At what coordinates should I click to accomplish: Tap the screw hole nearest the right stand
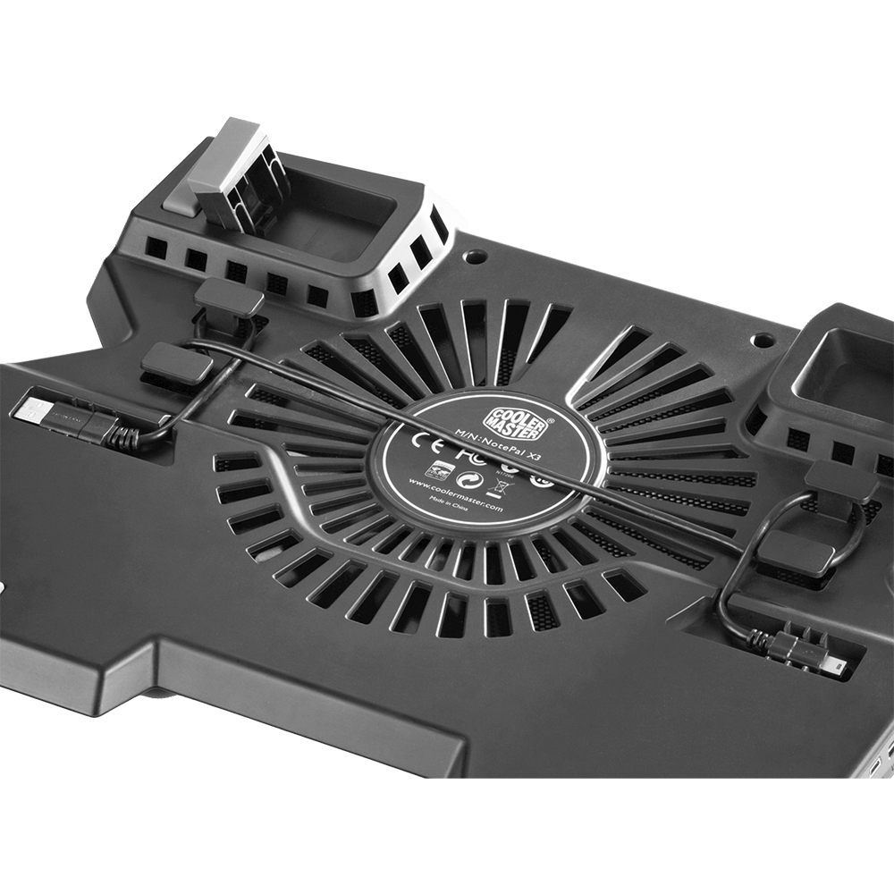[x=763, y=341]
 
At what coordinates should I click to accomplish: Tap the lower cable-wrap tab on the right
[x=795, y=553]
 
